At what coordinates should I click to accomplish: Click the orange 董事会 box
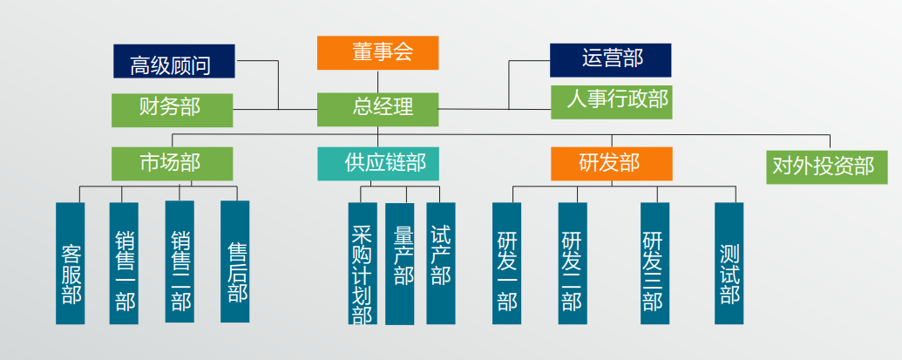378,53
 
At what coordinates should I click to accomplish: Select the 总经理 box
378,109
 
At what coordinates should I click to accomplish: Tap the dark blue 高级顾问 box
174,61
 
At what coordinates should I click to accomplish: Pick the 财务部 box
172,111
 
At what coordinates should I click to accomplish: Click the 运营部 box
610,60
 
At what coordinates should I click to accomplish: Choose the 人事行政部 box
612,102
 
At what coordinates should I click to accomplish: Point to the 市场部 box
172,164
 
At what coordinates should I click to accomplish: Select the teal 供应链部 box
378,164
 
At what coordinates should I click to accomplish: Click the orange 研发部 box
612,164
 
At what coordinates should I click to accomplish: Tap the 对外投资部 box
827,167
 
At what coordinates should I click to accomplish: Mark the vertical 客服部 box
71,263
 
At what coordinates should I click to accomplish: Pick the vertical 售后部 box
234,262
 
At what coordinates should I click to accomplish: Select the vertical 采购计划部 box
363,263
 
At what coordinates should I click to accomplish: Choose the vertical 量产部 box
400,264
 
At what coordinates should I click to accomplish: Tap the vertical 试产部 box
441,263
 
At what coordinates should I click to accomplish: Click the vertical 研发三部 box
654,263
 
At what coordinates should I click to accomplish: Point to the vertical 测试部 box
729,263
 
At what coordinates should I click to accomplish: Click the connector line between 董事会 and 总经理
378,82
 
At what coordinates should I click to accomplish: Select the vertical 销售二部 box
180,262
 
